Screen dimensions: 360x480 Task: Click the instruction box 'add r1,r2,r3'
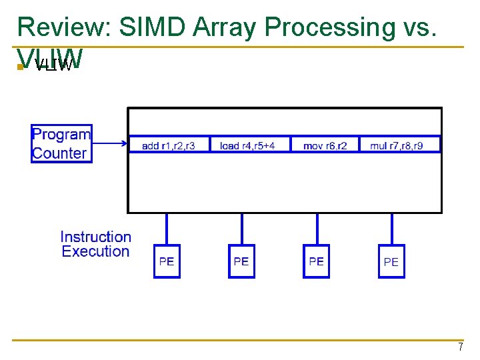click(169, 145)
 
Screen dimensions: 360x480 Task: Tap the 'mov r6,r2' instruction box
click(325, 145)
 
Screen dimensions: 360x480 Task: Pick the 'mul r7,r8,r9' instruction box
click(400, 145)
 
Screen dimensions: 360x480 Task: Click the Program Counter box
click(61, 143)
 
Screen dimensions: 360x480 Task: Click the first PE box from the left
click(167, 261)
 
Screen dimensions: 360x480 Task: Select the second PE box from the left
click(241, 261)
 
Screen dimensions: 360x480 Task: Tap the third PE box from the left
click(316, 261)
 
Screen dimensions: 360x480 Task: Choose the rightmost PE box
click(391, 262)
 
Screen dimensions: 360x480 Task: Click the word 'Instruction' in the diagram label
click(95, 237)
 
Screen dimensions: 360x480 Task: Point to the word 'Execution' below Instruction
click(95, 251)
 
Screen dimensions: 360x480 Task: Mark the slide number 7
click(460, 347)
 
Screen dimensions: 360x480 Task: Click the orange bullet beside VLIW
click(21, 66)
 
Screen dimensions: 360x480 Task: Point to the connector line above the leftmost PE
click(167, 229)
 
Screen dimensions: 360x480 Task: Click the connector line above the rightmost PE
click(391, 229)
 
